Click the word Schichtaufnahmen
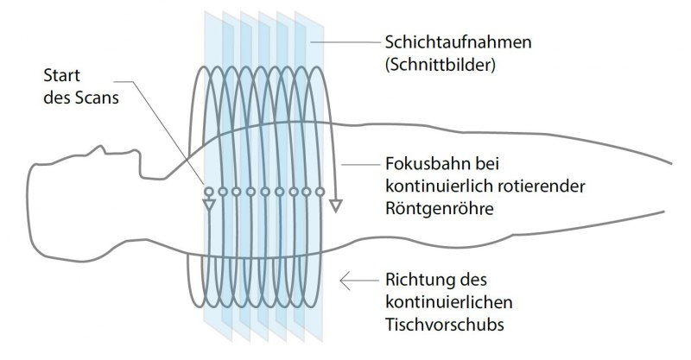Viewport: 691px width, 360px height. (x=459, y=42)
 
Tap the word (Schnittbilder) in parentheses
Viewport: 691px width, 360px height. (x=441, y=66)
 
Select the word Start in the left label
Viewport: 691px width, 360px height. (x=61, y=75)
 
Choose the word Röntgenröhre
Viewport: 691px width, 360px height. (x=440, y=208)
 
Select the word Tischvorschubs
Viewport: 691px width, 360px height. (x=445, y=325)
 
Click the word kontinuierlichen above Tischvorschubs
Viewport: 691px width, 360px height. (x=449, y=302)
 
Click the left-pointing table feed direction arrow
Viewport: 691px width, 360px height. (x=359, y=281)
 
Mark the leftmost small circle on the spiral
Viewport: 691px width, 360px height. (x=209, y=192)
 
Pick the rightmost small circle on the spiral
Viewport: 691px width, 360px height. (x=320, y=192)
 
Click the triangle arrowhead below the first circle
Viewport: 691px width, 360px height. (x=209, y=205)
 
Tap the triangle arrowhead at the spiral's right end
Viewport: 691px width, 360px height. (x=336, y=205)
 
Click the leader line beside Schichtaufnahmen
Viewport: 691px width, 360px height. (x=345, y=42)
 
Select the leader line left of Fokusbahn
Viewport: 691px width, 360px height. (x=360, y=165)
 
